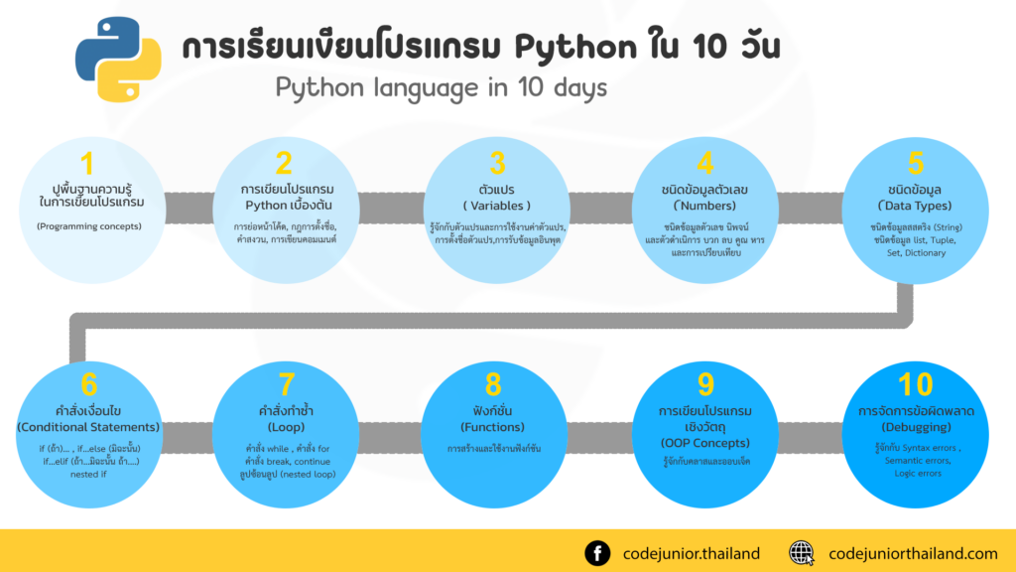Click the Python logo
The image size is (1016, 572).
(x=118, y=60)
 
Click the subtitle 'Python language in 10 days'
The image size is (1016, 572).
(x=442, y=87)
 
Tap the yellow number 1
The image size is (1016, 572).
(x=87, y=163)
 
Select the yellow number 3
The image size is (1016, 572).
(x=497, y=163)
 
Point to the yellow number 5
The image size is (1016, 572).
(x=915, y=163)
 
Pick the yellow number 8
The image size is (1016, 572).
(x=493, y=384)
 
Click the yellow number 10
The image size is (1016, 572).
(x=915, y=384)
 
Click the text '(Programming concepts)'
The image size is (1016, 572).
(x=88, y=226)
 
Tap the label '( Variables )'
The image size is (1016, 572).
(x=497, y=206)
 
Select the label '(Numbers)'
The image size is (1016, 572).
(x=705, y=206)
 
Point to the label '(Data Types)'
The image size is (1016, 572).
(x=915, y=206)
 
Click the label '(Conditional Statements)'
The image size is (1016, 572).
(x=88, y=427)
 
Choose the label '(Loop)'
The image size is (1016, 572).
(x=286, y=427)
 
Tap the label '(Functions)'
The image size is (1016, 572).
(x=492, y=427)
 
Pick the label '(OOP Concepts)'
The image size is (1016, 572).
(x=705, y=443)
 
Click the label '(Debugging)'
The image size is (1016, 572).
(x=916, y=427)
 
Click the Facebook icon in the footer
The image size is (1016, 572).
(x=597, y=553)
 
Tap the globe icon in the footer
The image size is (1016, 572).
(x=802, y=553)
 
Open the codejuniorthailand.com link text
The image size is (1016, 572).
(x=913, y=554)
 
